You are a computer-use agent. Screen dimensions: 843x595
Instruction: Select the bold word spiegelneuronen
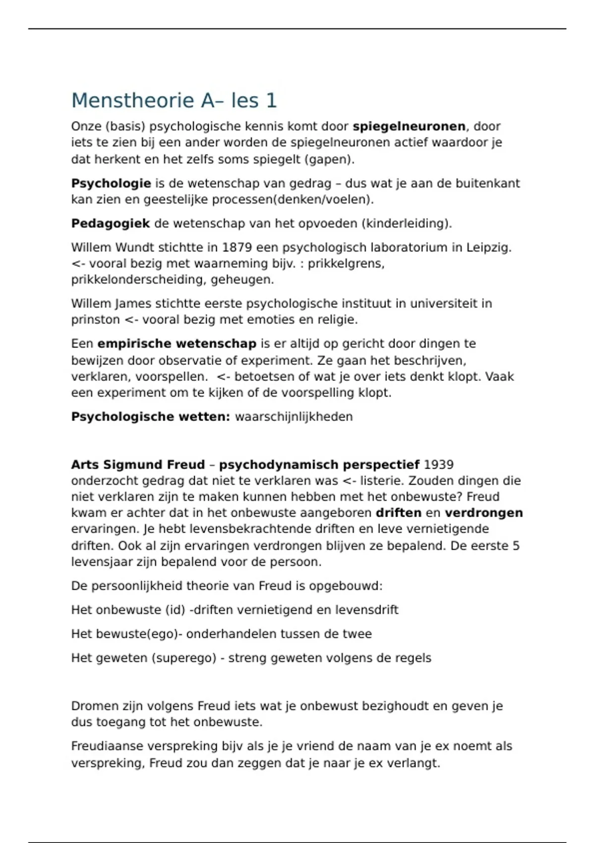tap(409, 126)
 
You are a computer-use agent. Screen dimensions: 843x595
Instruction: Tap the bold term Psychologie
tap(111, 183)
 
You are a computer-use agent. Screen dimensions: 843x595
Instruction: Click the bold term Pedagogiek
tap(111, 224)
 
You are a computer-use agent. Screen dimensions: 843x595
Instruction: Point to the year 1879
tap(237, 247)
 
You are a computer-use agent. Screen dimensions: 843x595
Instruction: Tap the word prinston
tap(95, 320)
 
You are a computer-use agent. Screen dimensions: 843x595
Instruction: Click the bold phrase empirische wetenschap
tap(177, 344)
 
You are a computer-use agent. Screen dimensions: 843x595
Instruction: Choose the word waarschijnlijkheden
tap(294, 417)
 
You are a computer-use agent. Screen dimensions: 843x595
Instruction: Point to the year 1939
tap(439, 465)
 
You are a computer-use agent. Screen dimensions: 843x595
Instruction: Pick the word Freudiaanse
tap(106, 746)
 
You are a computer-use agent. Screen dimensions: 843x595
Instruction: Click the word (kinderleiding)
tap(407, 224)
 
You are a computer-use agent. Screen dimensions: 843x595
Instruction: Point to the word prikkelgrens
tap(346, 264)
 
